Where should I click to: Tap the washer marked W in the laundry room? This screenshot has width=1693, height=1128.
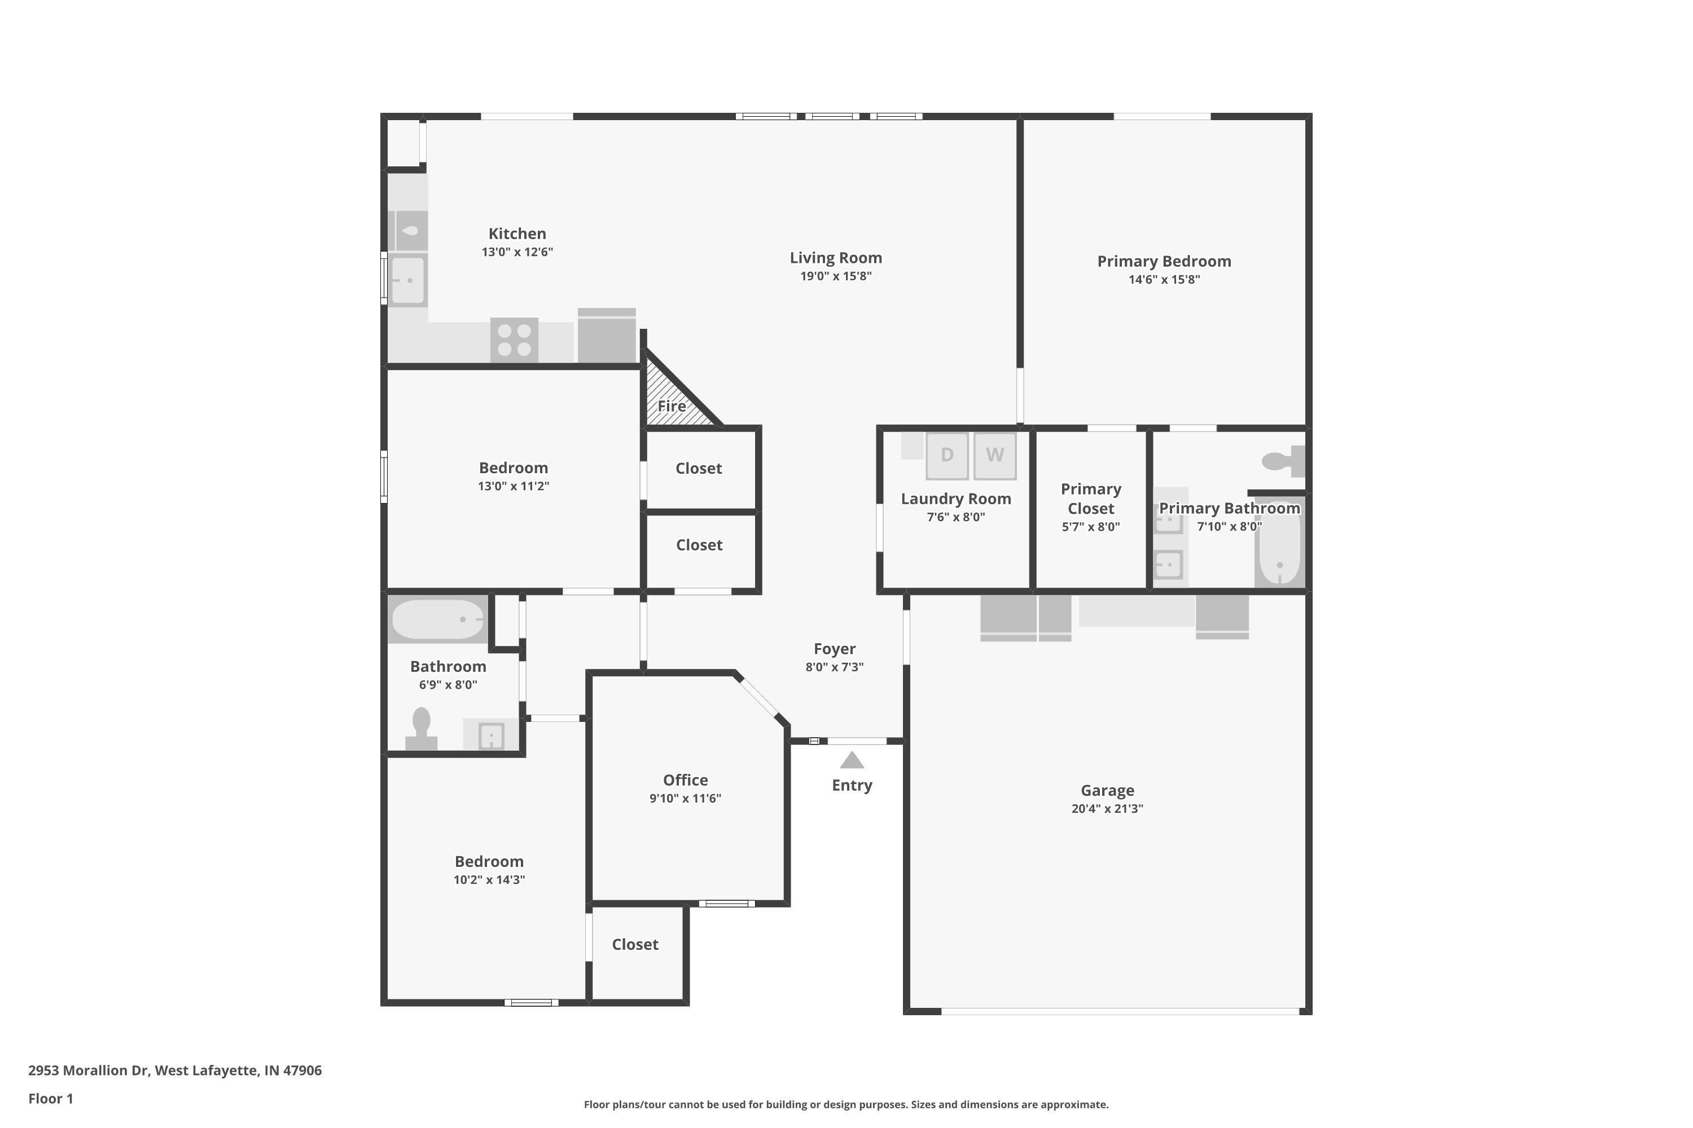[995, 455]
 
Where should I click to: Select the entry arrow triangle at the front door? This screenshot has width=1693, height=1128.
[852, 760]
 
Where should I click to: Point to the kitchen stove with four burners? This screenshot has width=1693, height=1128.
[514, 340]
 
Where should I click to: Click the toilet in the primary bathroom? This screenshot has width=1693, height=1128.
[1283, 461]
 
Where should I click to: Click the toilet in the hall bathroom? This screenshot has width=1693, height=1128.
[421, 729]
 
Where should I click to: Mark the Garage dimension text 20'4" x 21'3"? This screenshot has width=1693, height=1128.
[1107, 809]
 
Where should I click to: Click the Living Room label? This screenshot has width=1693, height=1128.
[836, 258]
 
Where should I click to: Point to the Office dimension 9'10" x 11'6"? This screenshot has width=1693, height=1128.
[685, 798]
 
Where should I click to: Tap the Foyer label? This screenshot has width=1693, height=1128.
[835, 649]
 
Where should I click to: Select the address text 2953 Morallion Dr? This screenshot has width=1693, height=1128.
[89, 1070]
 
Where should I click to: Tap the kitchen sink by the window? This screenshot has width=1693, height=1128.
[407, 280]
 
